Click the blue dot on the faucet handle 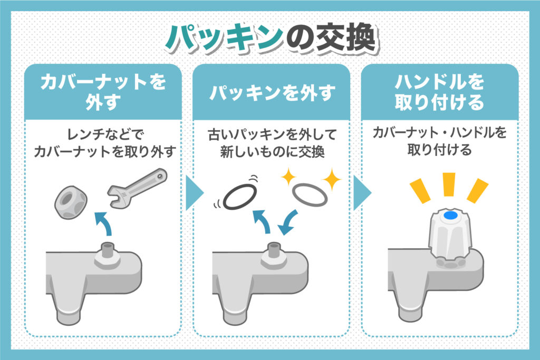pos(450,216)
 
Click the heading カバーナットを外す pos(103,92)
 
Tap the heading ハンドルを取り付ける pos(439,92)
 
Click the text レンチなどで pos(103,132)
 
